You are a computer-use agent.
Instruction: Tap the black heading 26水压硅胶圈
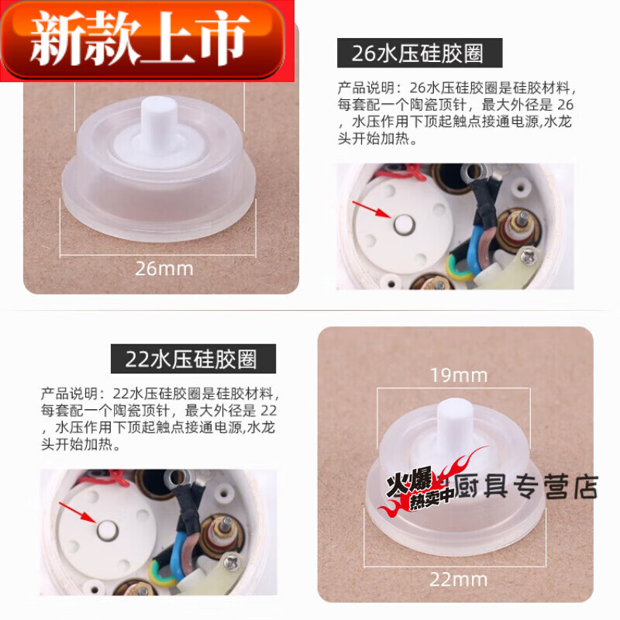tap(419, 53)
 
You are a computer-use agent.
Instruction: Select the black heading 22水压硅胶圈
tap(191, 360)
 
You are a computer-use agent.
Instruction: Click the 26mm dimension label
tap(164, 269)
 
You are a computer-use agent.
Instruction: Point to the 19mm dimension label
tap(460, 376)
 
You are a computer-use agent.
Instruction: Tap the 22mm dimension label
tap(460, 578)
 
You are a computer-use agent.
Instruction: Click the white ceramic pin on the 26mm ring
tap(160, 127)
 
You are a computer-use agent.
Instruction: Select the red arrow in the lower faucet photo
tap(75, 512)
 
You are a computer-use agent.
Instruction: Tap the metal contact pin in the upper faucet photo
tap(402, 225)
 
